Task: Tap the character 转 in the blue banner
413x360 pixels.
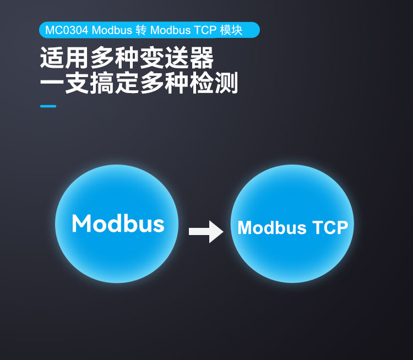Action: (x=140, y=30)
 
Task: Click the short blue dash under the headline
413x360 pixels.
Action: (x=48, y=106)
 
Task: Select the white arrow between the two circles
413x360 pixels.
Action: (x=205, y=231)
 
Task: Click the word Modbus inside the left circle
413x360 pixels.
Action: (x=118, y=224)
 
